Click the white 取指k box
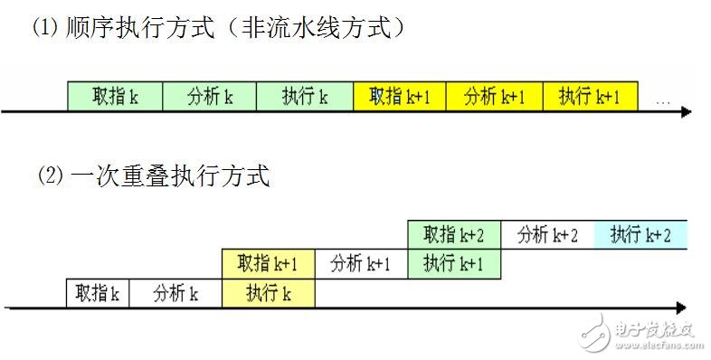pos(99,293)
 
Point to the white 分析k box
pos(175,293)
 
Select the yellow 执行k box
pos(270,293)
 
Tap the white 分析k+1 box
pos(361,264)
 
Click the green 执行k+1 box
pos(454,264)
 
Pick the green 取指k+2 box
pos(454,235)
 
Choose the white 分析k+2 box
pos(547,235)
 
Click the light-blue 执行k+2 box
pos(640,235)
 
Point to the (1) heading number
pos(46,29)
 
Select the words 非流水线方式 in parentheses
pos(317,29)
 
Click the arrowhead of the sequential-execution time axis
pos(687,112)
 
